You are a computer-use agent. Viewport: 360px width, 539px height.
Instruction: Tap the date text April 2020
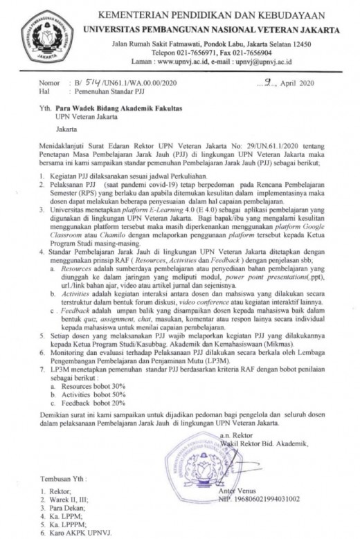289,82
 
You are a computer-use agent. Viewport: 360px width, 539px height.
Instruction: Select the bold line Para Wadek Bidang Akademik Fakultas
124,109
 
